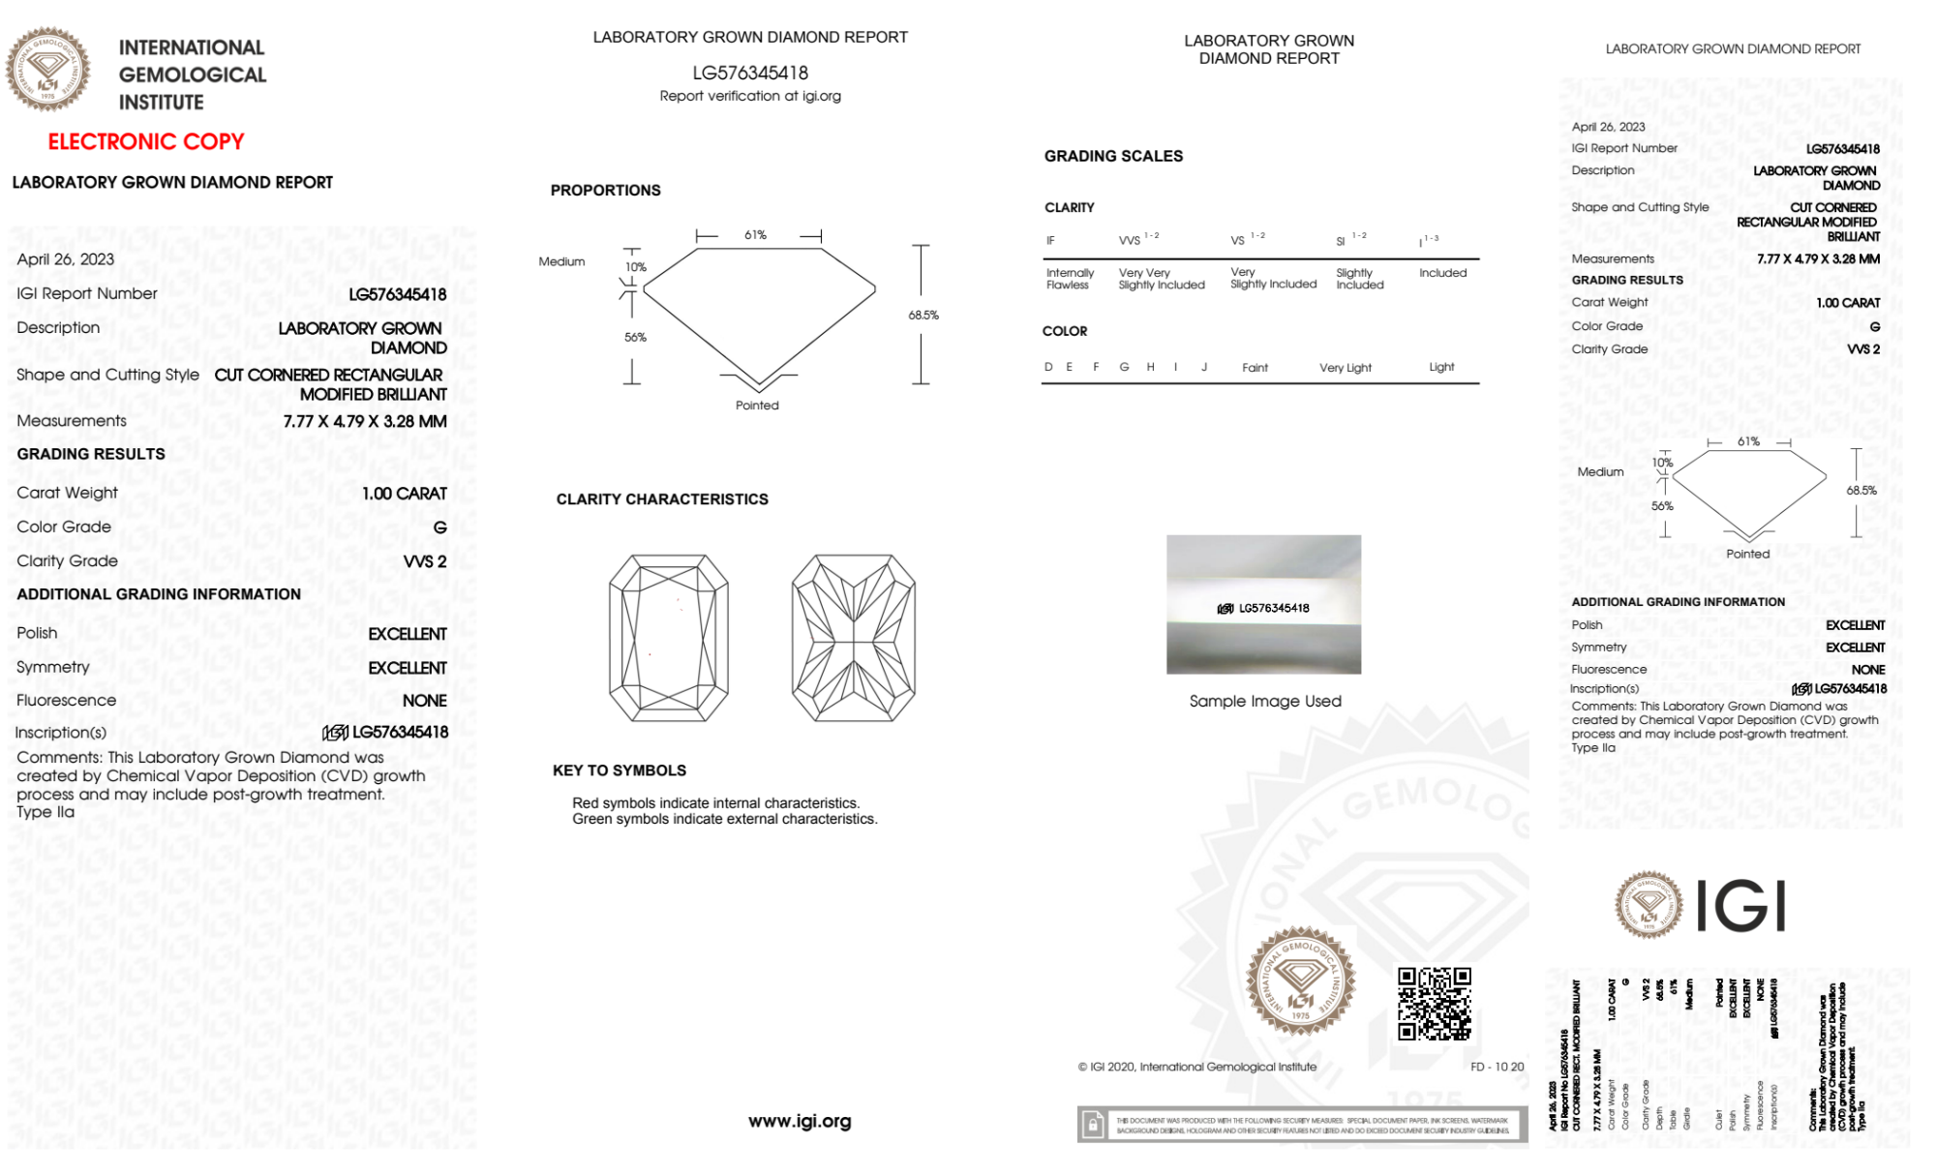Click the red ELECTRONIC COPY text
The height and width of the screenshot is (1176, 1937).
(x=146, y=141)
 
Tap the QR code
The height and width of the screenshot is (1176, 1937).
(x=1435, y=1004)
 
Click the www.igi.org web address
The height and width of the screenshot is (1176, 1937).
(x=800, y=1121)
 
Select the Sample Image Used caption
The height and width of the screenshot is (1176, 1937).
(x=1265, y=701)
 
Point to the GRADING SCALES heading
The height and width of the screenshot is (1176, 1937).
(x=1113, y=156)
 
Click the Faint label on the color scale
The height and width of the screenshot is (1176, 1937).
(x=1255, y=368)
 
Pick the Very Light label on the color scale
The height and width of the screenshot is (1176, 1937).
(x=1346, y=368)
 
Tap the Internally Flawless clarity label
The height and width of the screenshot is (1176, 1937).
(x=1070, y=279)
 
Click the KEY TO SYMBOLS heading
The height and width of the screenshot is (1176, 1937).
(x=620, y=770)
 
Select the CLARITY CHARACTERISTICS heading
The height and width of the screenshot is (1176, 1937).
(x=662, y=499)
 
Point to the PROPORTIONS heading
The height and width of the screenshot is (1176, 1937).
(x=606, y=191)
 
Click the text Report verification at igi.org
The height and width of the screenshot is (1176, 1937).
(x=750, y=96)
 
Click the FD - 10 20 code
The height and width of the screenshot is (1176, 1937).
(x=1497, y=1067)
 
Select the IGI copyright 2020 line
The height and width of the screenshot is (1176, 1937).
(x=1197, y=1067)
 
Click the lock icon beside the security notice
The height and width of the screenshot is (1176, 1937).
(x=1093, y=1125)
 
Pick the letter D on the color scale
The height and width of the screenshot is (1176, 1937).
(x=1048, y=367)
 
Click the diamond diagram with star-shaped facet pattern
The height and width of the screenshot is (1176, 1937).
(x=853, y=638)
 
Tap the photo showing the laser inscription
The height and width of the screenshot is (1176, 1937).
(x=1263, y=604)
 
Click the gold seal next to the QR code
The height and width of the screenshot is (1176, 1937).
(x=1300, y=981)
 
